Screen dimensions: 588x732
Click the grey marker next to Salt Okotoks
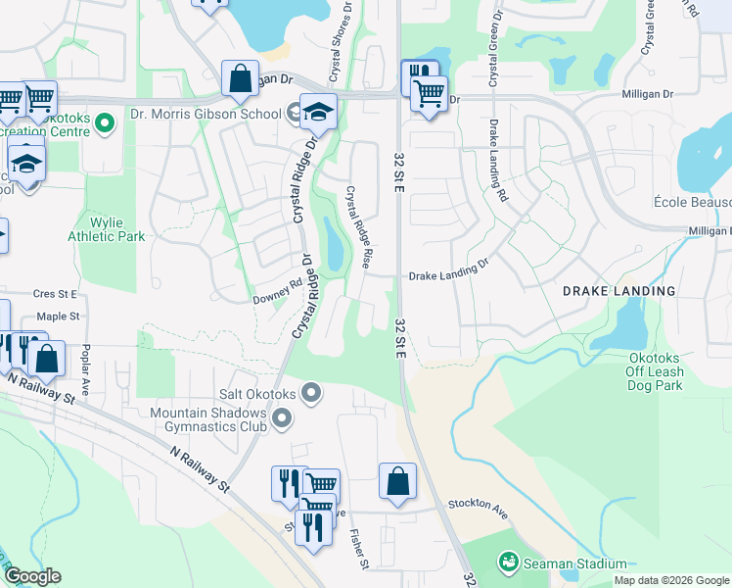pos(311,394)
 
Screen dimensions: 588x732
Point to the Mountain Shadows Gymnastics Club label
pos(208,420)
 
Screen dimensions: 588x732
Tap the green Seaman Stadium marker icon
pos(508,563)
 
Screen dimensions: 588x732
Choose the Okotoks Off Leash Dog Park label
pos(668,371)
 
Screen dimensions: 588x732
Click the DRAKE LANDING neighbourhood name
pos(618,291)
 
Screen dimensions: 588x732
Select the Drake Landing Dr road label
pos(448,271)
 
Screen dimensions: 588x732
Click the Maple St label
pos(57,317)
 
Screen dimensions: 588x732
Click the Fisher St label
pos(358,550)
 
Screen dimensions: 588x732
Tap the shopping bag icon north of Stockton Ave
pos(397,481)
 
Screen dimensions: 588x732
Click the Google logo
pos(31,576)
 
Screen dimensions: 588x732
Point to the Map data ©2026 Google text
pos(670,580)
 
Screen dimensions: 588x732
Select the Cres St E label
pos(54,292)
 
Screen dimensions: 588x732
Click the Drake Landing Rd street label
pos(499,162)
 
